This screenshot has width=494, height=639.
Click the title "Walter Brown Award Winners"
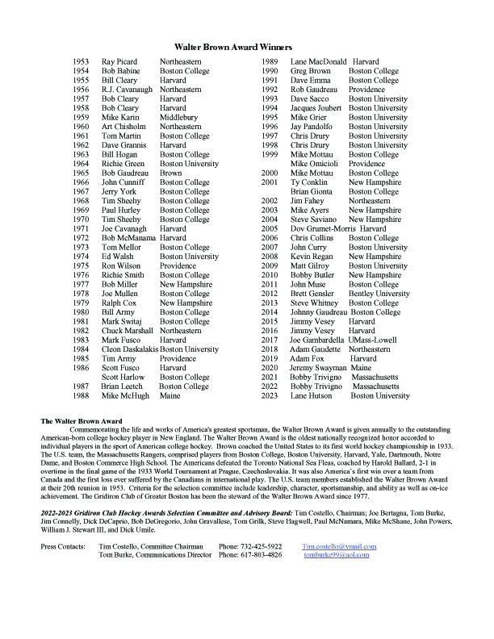(x=247, y=48)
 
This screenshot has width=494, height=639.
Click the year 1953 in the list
(x=81, y=62)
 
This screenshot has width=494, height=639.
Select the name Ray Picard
(x=119, y=62)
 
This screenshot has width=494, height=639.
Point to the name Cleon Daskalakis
(x=129, y=349)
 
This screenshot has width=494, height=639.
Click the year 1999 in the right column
(x=270, y=154)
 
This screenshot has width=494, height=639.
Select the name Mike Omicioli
(x=316, y=164)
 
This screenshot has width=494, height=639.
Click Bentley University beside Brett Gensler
(x=379, y=294)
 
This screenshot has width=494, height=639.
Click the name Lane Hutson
(x=312, y=396)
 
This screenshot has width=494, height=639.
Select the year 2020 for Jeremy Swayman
(x=270, y=368)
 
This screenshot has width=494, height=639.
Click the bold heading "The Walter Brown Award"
(x=81, y=422)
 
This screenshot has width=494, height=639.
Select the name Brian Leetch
(x=123, y=386)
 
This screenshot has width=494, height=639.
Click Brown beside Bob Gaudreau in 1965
(x=171, y=173)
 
